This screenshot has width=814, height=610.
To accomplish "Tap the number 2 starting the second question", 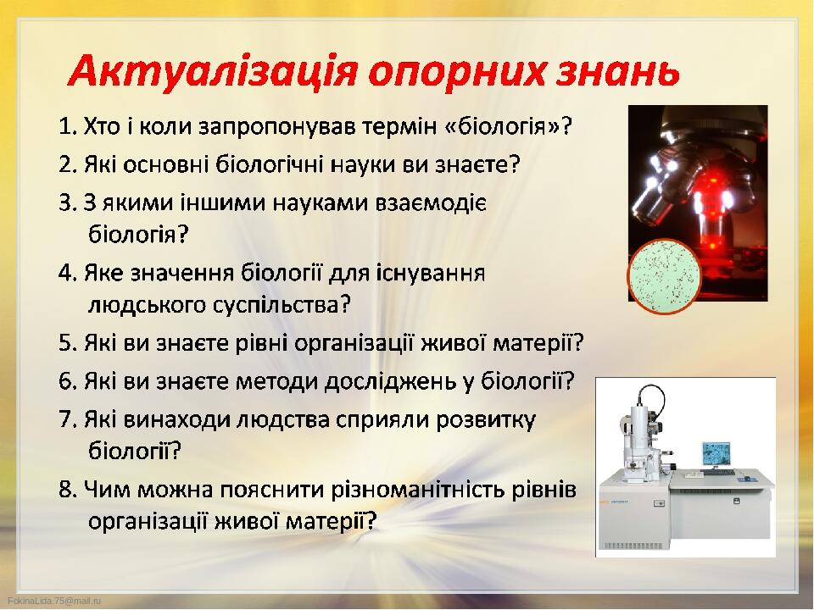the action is [x=65, y=165].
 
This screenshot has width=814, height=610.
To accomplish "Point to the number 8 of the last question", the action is [x=65, y=491].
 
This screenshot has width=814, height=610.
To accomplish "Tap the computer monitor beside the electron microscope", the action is [x=716, y=455].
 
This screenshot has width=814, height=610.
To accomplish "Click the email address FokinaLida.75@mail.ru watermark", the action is [x=54, y=601].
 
